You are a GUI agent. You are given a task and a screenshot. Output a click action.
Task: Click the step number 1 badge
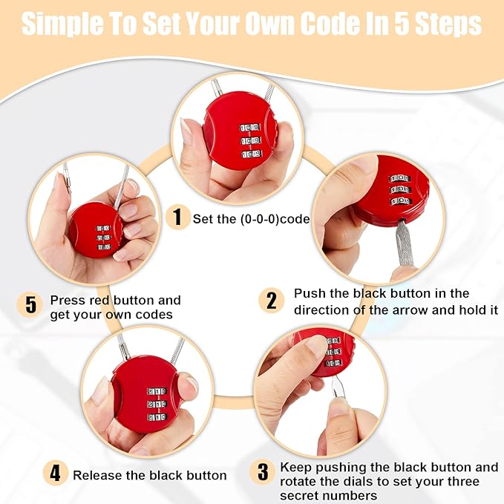point(177,217)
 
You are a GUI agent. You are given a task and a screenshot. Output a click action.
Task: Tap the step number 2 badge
point(271,301)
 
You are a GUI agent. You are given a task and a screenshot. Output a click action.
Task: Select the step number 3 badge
point(263,472)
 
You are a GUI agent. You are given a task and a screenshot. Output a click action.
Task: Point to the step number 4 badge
point(55,473)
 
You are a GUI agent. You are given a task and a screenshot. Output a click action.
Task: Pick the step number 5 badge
point(30,304)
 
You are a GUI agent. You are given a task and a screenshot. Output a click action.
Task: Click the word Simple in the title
point(62,24)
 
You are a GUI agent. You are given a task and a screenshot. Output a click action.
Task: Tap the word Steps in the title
point(448,24)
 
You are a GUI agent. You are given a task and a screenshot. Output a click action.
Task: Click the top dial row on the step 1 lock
point(249,128)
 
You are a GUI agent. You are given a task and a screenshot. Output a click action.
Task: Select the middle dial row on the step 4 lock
point(157,404)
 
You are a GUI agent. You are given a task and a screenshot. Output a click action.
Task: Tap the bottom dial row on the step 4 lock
point(157,417)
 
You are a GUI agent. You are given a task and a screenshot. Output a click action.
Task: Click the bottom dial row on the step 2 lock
point(401,201)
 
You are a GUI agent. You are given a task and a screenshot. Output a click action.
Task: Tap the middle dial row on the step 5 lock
point(103,238)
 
